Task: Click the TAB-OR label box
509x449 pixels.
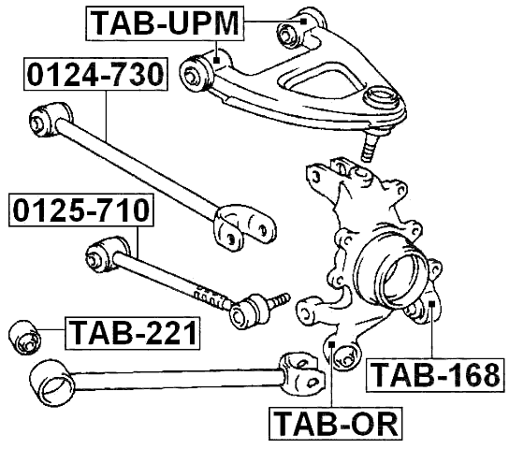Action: pos(335,423)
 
